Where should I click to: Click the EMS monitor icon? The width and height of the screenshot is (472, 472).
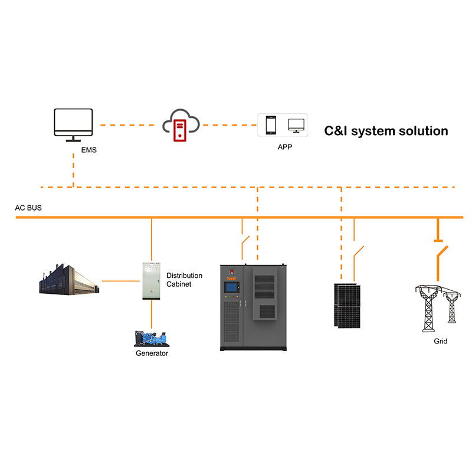click(x=73, y=124)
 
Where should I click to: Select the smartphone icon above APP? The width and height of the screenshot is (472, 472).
click(x=271, y=126)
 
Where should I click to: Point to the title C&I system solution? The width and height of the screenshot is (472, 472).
click(x=386, y=131)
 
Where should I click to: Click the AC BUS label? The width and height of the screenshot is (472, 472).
click(x=28, y=208)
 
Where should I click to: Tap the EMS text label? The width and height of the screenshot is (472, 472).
click(x=88, y=150)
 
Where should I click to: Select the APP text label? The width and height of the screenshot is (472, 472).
click(x=285, y=147)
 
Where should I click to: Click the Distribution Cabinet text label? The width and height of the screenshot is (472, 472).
click(x=184, y=280)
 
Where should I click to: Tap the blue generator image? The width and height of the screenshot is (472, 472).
click(x=151, y=337)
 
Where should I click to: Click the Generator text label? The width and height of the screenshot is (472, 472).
click(x=152, y=353)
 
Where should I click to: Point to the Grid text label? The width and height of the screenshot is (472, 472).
click(x=440, y=341)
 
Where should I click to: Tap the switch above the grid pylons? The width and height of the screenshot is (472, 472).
click(x=438, y=260)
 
